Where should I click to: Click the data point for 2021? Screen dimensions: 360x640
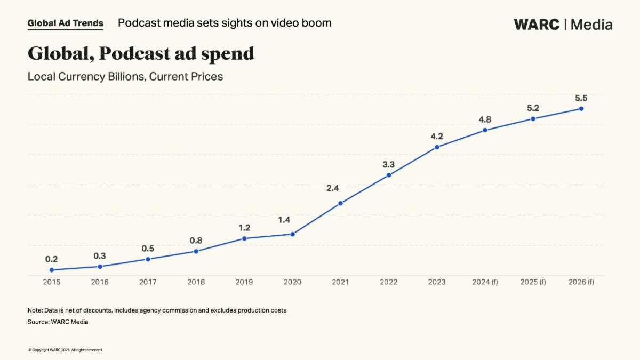tap(340, 203)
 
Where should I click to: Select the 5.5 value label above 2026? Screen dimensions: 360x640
tap(581, 98)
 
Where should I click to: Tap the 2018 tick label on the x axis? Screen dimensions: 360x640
tap(196, 282)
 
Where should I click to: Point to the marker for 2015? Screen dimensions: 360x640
tap(52, 270)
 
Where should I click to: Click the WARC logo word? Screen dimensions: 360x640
tap(537, 25)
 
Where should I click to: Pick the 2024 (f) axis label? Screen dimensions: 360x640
tap(485, 282)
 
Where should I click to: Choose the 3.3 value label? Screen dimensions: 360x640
tap(388, 164)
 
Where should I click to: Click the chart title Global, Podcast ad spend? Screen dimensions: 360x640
tap(141, 53)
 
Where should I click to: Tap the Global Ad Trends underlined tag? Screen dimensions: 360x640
tap(65, 23)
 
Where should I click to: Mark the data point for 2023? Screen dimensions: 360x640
tap(437, 147)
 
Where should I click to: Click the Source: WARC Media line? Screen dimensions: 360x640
tap(58, 322)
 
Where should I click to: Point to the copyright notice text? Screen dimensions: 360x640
tap(65, 350)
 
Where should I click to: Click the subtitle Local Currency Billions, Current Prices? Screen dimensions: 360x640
tap(125, 76)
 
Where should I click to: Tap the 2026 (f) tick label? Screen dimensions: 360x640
tap(581, 282)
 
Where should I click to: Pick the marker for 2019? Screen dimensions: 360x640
tap(244, 238)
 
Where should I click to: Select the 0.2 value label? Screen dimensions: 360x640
tap(52, 259)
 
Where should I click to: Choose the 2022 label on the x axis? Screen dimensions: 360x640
tap(388, 282)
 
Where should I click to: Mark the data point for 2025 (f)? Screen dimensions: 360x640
tap(533, 119)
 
